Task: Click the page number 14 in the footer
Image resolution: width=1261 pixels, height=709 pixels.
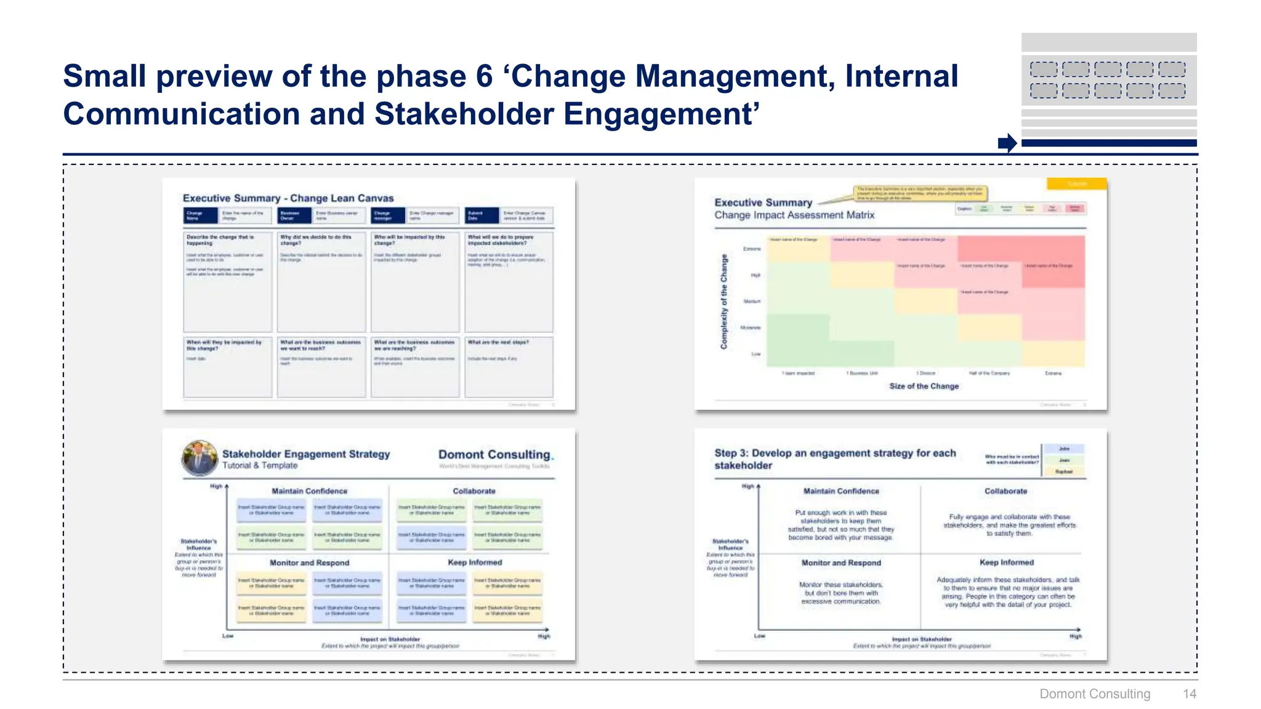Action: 1189,694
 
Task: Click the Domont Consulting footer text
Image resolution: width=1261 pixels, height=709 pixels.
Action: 1094,694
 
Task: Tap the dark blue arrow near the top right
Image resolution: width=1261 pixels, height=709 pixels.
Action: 1007,143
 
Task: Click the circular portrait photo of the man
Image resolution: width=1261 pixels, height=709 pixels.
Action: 200,458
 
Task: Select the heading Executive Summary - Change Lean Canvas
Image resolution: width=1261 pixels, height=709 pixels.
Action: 288,198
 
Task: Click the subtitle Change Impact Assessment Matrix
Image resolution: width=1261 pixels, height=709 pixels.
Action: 794,215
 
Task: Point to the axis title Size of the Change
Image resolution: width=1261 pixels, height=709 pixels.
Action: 924,386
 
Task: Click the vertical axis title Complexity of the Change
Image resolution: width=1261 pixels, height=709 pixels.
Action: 724,302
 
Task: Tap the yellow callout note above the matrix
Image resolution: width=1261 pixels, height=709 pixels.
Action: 920,193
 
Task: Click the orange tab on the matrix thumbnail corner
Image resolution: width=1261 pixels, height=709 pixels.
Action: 1076,183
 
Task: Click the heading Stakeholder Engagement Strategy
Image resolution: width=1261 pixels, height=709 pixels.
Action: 306,454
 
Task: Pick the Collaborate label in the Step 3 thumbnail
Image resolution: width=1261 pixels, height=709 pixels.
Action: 1005,491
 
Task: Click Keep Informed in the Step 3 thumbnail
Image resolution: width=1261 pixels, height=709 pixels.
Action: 1007,563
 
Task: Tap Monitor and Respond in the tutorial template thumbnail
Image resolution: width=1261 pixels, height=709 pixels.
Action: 309,563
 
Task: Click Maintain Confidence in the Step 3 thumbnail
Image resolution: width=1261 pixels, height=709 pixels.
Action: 841,491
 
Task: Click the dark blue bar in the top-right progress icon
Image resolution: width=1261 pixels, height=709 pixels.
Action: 1108,143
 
